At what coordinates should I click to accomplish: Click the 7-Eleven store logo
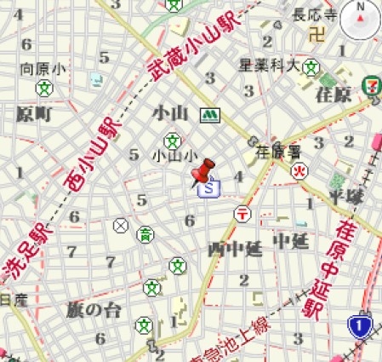371,83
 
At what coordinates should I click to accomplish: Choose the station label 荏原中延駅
334,270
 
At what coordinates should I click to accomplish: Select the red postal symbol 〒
243,214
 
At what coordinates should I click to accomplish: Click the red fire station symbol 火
299,171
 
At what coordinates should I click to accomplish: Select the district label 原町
35,113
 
